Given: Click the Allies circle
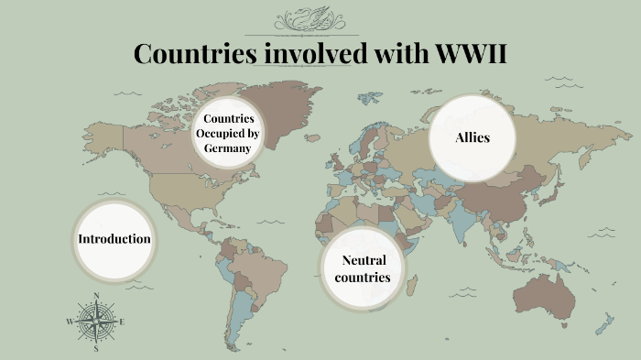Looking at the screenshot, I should pyautogui.click(x=473, y=138).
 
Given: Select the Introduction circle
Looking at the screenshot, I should pyautogui.click(x=114, y=239).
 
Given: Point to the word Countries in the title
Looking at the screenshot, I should pyautogui.click(x=195, y=53).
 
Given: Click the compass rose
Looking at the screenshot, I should pyautogui.click(x=96, y=322).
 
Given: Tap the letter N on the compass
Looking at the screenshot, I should pyautogui.click(x=96, y=295).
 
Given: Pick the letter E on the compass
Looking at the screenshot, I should pyautogui.click(x=123, y=322).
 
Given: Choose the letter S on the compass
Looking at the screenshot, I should pyautogui.click(x=96, y=349).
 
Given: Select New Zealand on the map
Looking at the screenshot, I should pyautogui.click(x=603, y=323).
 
